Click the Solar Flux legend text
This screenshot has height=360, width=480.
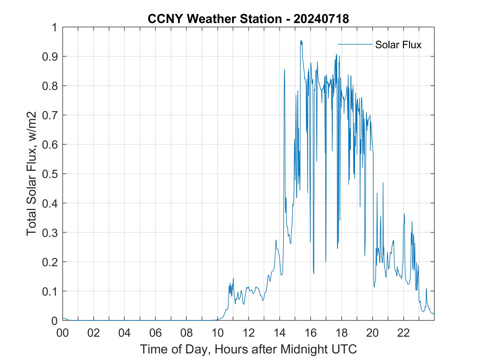(x=398, y=45)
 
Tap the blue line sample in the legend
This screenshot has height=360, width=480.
(x=355, y=44)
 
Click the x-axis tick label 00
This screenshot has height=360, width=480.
(x=63, y=333)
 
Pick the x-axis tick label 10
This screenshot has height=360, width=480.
(x=218, y=333)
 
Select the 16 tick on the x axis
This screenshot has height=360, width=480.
(x=310, y=333)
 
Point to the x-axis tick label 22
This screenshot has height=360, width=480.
(x=403, y=333)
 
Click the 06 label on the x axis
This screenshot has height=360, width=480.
(x=156, y=333)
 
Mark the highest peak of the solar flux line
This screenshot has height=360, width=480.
(x=301, y=40)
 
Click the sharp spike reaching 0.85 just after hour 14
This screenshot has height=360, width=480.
(x=284, y=70)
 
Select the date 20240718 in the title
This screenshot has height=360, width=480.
(x=321, y=19)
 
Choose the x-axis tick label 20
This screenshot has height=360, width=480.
(x=372, y=333)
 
